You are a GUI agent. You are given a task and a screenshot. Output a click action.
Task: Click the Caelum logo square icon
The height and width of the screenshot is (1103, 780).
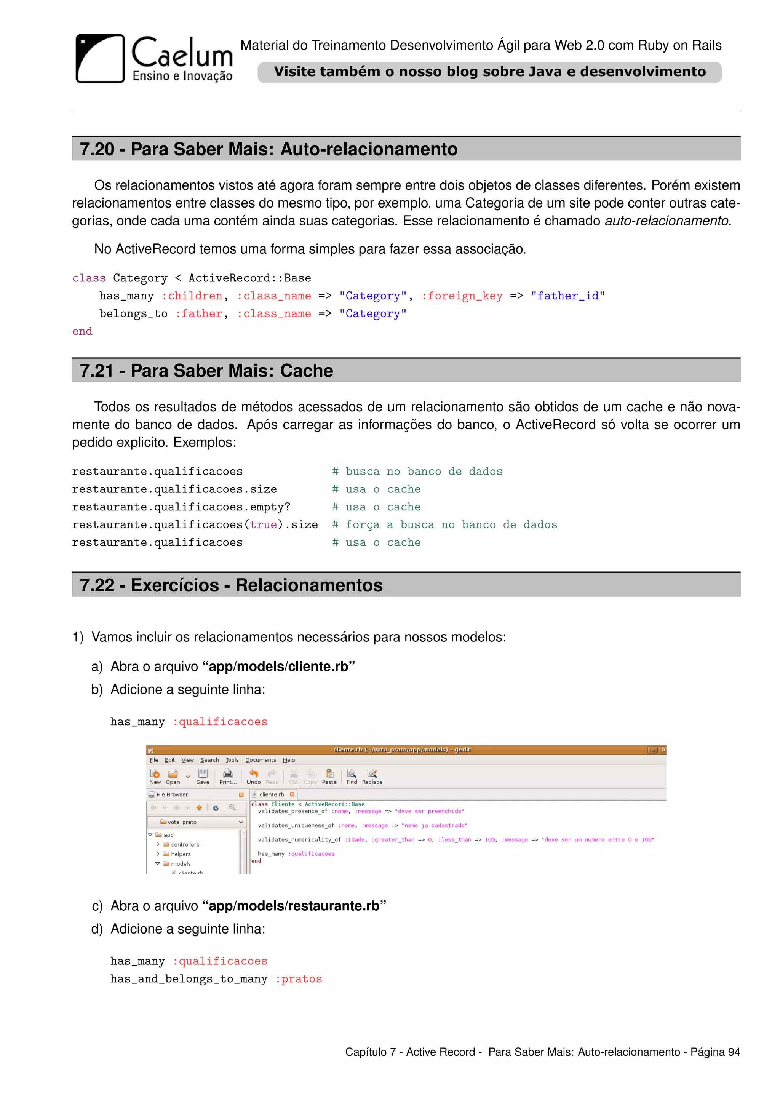click(x=100, y=59)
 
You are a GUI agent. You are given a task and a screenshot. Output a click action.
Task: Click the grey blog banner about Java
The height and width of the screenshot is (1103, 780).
click(x=489, y=72)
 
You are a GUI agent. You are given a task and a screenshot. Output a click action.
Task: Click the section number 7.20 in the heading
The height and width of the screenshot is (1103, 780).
click(x=97, y=149)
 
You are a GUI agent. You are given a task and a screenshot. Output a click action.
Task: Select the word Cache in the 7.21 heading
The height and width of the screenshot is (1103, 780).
click(x=307, y=371)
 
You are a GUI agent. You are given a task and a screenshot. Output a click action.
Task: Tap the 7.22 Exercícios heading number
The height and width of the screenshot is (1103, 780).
click(x=97, y=585)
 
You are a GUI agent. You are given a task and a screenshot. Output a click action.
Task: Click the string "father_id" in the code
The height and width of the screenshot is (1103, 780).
click(x=568, y=296)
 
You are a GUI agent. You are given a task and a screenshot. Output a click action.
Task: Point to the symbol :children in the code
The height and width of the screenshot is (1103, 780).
click(x=192, y=296)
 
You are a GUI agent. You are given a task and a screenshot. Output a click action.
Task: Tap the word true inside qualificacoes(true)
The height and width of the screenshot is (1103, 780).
click(x=263, y=524)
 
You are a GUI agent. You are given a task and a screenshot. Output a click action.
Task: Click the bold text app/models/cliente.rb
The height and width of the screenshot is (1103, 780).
click(x=278, y=667)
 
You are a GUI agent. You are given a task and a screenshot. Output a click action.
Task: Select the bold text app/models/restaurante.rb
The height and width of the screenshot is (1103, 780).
click(x=294, y=906)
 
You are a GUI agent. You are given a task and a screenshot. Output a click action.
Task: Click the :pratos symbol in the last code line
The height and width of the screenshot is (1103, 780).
click(x=298, y=979)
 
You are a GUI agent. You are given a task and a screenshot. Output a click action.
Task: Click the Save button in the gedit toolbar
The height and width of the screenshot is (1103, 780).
click(x=203, y=776)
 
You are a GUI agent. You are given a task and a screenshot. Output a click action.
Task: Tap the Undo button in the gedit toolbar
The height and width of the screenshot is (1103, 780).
click(x=253, y=776)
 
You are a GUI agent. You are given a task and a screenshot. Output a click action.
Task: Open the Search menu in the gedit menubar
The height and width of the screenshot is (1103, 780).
click(x=209, y=760)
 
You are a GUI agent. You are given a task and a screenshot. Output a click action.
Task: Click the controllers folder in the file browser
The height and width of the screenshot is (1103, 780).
click(x=184, y=844)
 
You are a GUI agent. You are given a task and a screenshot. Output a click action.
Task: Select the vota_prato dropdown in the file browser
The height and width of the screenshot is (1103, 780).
click(x=197, y=822)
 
